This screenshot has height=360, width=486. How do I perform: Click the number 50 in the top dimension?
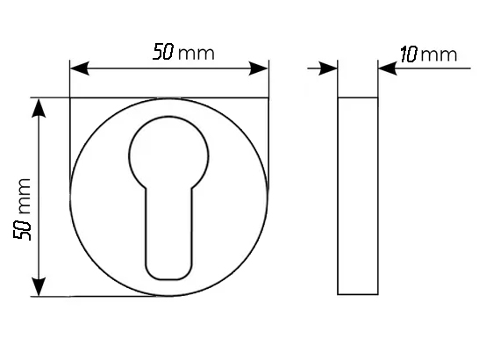(x=163, y=51)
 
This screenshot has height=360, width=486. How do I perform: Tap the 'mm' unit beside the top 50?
(x=197, y=54)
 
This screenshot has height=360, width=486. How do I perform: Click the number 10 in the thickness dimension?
(x=409, y=54)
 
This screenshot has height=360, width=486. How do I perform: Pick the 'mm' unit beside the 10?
(x=439, y=55)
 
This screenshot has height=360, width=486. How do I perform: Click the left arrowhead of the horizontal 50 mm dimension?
(x=80, y=68)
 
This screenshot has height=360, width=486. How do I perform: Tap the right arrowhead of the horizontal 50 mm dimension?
(x=259, y=68)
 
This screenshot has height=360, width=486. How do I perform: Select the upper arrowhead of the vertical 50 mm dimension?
(x=39, y=108)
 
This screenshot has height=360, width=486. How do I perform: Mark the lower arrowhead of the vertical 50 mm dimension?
(x=39, y=286)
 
